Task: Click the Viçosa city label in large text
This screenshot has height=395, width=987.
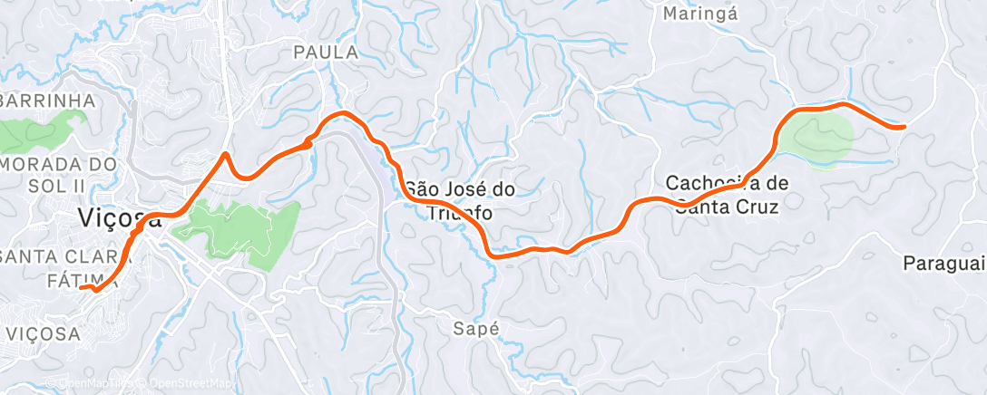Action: click(x=119, y=218)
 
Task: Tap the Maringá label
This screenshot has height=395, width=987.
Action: click(x=701, y=14)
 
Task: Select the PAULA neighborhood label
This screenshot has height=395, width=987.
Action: click(x=326, y=53)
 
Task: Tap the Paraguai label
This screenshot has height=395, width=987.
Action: click(x=944, y=264)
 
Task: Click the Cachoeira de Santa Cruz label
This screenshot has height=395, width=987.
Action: click(x=727, y=194)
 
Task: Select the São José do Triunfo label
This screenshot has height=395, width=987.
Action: click(x=460, y=201)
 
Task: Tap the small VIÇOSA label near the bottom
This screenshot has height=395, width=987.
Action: click(x=43, y=333)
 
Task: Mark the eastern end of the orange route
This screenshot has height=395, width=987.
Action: click(x=904, y=127)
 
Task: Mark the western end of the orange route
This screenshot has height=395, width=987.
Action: click(x=81, y=288)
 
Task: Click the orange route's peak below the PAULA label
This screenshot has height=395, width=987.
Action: click(x=343, y=112)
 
